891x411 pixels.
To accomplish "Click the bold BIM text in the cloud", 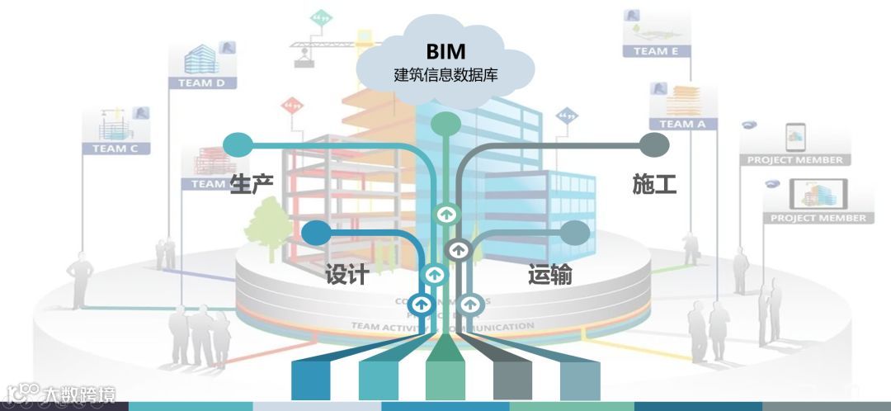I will [x=445, y=51].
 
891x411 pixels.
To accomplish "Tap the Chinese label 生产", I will [x=252, y=183].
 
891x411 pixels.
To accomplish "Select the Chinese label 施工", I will [x=654, y=183].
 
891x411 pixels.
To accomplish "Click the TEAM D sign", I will [x=201, y=83].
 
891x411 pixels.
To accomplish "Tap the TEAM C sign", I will [x=115, y=149].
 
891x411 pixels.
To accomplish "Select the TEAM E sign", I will [x=656, y=50].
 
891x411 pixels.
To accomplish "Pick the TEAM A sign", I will [x=682, y=124].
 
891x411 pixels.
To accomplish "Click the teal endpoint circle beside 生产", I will [x=238, y=144].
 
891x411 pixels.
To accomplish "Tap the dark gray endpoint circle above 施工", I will [x=654, y=145].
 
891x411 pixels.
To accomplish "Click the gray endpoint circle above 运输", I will [x=575, y=233].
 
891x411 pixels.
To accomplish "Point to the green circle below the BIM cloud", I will [x=445, y=124].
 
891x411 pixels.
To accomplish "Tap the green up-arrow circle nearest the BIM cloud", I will [x=446, y=214].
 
